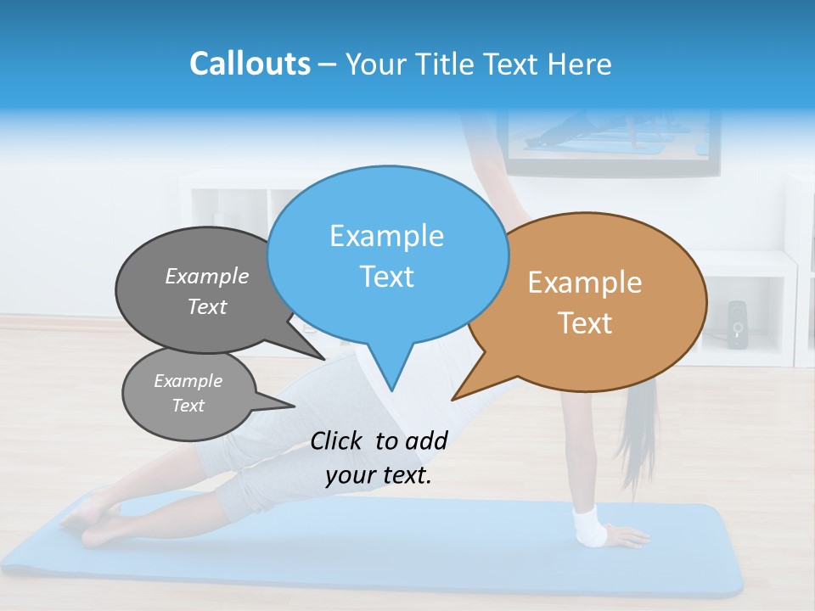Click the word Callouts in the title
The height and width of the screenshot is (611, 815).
tap(250, 64)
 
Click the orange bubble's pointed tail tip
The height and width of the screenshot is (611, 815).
tap(453, 399)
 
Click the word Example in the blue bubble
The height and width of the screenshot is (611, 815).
tap(386, 236)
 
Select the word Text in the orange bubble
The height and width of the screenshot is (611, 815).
tap(586, 323)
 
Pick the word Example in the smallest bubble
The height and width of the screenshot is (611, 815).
tap(188, 381)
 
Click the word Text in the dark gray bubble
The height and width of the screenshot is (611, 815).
tap(207, 306)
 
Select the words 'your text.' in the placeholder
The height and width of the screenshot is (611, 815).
tap(378, 475)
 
